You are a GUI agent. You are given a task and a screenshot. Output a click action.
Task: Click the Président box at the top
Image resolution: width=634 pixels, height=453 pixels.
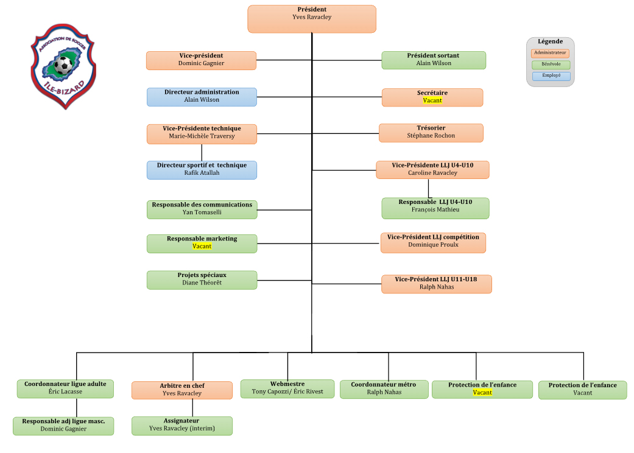point(311,19)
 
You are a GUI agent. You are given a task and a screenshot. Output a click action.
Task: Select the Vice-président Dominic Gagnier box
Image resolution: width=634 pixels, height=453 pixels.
point(201,60)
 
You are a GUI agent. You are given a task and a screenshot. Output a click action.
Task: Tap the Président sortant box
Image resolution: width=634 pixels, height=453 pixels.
point(433,60)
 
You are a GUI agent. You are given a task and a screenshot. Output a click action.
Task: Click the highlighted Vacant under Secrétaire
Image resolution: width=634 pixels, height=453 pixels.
point(432,100)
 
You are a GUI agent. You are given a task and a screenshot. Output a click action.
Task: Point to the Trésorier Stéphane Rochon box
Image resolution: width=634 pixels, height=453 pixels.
point(431,133)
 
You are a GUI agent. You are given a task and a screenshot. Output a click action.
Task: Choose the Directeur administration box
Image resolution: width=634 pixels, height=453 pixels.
point(202,97)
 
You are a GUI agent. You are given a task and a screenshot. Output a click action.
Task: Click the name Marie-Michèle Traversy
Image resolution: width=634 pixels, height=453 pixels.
point(202,136)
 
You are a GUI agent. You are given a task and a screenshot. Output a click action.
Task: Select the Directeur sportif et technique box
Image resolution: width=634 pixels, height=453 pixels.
point(202,170)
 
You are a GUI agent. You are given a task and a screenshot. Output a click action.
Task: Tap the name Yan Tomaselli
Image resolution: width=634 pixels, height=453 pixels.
point(202,212)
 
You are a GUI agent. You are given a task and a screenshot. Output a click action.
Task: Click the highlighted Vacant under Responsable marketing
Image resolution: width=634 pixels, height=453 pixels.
point(202,247)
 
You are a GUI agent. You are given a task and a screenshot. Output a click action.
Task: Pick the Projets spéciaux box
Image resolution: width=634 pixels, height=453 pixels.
point(202,280)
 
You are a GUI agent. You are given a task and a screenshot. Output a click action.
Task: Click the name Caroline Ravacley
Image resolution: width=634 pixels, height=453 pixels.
point(432,173)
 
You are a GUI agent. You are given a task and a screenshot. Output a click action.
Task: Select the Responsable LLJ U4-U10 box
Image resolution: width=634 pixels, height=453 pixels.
point(435,208)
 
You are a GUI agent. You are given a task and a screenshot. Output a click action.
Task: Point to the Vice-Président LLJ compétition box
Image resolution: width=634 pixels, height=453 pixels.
point(433,242)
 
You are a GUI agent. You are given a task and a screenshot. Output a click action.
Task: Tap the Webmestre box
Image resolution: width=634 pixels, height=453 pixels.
point(287,388)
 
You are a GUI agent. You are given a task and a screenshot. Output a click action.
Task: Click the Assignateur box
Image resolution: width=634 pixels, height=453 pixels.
point(181,426)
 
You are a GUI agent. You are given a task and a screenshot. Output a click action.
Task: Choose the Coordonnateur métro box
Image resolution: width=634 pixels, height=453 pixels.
point(383,389)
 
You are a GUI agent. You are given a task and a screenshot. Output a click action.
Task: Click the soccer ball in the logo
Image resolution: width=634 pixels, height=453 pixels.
point(63,65)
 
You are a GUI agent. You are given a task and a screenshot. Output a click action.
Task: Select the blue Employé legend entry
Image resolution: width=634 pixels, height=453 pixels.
point(551,76)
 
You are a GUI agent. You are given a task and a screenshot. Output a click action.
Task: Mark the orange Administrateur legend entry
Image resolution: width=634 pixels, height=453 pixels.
point(551,53)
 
